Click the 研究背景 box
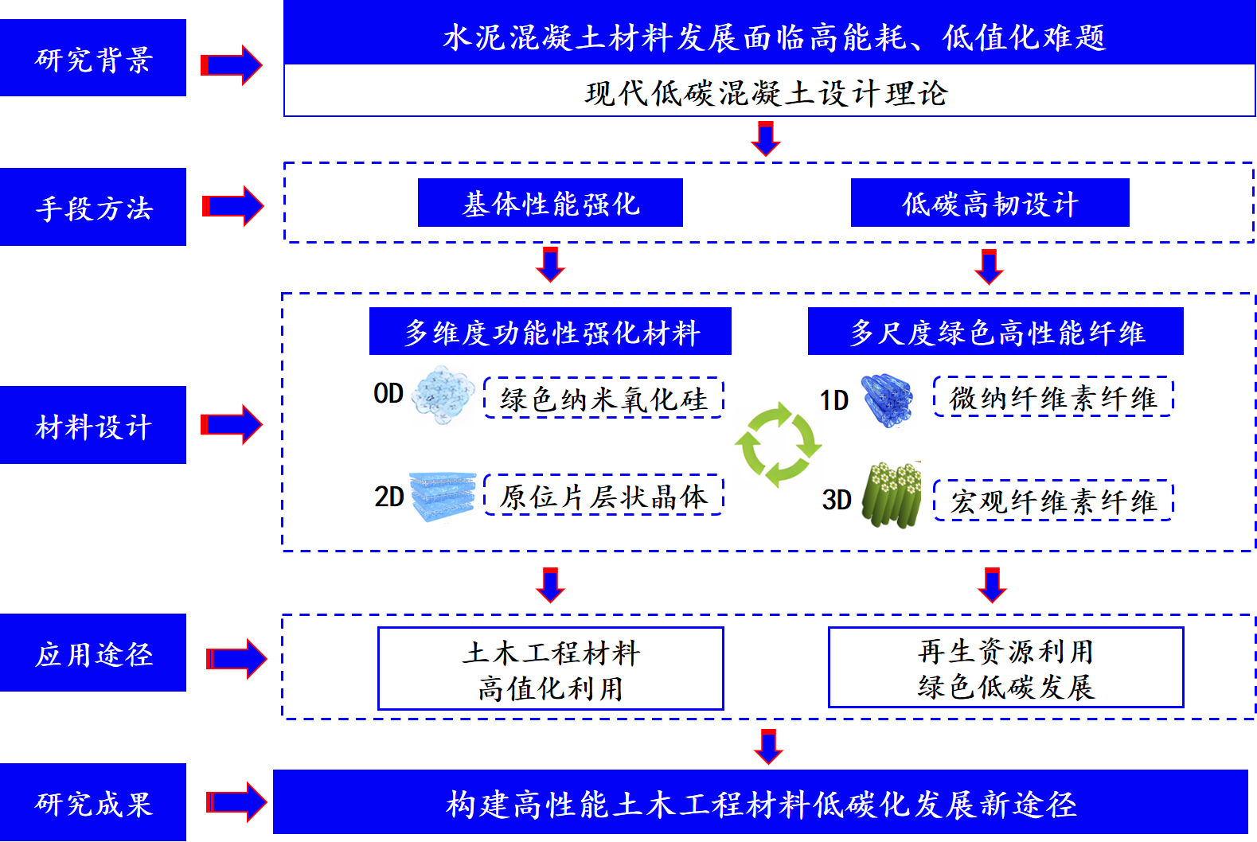tap(93, 58)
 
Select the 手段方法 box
tap(93, 207)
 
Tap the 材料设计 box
tap(93, 425)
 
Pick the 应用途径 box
tap(93, 653)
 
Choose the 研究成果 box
tap(93, 802)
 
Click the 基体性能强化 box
tap(550, 203)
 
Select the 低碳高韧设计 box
tap(990, 203)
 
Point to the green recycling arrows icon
tap(778, 444)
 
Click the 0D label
tap(388, 393)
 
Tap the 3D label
tap(837, 500)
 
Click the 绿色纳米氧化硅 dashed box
tap(603, 398)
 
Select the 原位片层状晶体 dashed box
tap(603, 496)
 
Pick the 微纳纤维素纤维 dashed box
tap(1053, 396)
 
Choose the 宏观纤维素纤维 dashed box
tap(1053, 501)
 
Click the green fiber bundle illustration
tap(892, 496)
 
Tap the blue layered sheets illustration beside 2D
tap(443, 497)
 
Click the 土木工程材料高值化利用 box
tap(550, 669)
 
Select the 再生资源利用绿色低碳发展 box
tap(1005, 667)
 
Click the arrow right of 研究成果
tap(236, 802)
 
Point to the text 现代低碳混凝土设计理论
tap(766, 93)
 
